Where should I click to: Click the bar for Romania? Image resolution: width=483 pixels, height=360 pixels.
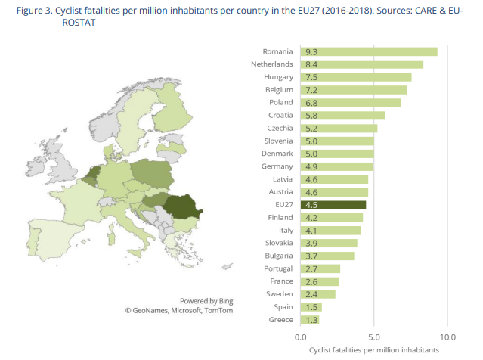pyautogui.click(x=369, y=51)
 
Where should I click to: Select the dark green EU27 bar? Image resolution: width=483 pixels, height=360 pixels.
pyautogui.click(x=333, y=204)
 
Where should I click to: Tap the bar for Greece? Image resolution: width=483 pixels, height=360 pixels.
pyautogui.click(x=310, y=320)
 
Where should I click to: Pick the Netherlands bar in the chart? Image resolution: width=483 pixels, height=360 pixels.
pyautogui.click(x=362, y=64)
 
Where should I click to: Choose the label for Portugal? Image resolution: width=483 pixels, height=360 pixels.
pyautogui.click(x=277, y=268)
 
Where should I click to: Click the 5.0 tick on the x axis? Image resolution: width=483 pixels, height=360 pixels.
pyautogui.click(x=374, y=337)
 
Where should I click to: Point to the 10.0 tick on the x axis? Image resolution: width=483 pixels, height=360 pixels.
pyautogui.click(x=447, y=337)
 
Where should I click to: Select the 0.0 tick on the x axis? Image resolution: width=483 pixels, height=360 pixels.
pyautogui.click(x=301, y=337)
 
